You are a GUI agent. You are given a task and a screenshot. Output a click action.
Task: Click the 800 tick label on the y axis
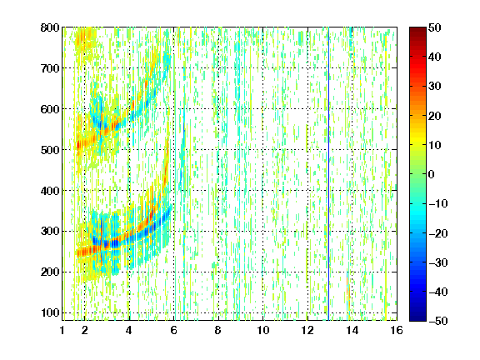50,27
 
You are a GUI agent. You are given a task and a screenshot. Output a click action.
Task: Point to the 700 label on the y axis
50,68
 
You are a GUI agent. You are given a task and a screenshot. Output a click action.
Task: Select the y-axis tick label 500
50,150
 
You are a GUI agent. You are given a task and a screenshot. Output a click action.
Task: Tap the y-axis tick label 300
50,231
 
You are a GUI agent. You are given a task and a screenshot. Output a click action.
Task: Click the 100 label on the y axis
50,312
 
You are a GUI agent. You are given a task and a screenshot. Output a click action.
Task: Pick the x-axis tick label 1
62,330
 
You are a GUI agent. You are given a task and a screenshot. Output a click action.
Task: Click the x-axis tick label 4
129,330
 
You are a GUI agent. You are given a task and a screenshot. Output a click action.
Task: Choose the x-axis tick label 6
173,330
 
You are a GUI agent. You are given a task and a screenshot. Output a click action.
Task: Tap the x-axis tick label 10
263,330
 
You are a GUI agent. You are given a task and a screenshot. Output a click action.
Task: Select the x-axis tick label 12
307,330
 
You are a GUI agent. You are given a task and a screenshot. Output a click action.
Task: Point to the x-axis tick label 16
397,330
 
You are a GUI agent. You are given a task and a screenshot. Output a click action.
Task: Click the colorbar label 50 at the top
434,27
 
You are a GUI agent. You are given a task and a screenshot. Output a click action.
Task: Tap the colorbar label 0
431,174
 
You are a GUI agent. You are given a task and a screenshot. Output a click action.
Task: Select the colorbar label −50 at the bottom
437,321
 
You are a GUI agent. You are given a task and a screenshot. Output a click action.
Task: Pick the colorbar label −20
437,233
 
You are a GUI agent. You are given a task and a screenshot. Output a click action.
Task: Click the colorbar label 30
434,87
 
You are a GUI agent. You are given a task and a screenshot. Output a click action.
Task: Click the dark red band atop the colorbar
417,33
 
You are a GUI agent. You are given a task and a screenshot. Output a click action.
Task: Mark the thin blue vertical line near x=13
328,174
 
